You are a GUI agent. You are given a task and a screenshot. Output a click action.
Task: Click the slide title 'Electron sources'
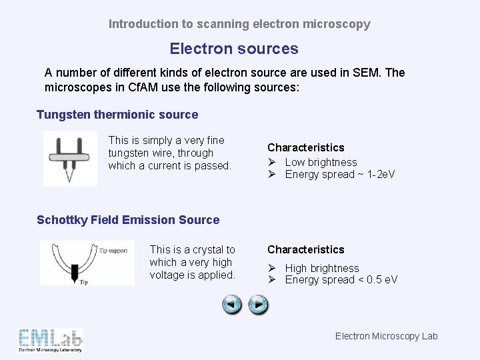(x=234, y=49)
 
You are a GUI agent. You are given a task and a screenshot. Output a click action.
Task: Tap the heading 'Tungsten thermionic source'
(x=117, y=115)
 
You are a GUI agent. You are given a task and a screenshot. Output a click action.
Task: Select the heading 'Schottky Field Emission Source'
(x=128, y=220)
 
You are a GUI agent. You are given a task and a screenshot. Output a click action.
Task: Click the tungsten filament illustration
(x=69, y=158)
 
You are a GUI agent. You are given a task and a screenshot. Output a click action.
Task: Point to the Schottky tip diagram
(x=87, y=263)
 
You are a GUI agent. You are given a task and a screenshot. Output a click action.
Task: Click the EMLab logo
(x=51, y=340)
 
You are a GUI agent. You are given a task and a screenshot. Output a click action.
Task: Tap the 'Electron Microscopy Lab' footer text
(x=386, y=336)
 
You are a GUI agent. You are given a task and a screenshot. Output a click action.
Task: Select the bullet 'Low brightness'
(x=321, y=162)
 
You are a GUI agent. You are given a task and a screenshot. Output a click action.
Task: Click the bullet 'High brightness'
(x=322, y=268)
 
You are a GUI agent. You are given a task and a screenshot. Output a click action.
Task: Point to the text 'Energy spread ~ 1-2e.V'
(x=340, y=175)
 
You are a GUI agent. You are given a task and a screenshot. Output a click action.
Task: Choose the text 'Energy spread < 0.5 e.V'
(x=341, y=280)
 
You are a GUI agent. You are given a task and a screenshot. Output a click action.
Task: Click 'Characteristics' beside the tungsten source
(x=306, y=147)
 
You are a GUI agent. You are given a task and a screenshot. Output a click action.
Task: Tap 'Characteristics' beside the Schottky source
(x=306, y=249)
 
